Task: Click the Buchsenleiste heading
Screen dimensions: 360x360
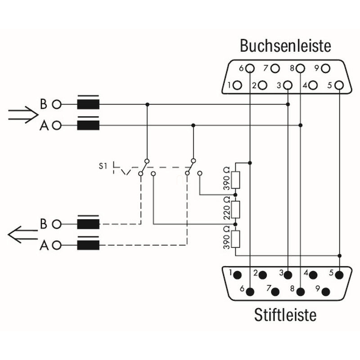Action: [285, 46]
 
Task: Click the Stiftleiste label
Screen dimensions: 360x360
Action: [285, 314]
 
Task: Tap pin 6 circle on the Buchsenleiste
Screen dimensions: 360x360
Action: [250, 68]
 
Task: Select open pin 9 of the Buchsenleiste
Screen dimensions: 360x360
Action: [326, 68]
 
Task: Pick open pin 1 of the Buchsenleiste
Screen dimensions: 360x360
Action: [238, 85]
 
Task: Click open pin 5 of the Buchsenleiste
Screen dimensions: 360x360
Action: [339, 85]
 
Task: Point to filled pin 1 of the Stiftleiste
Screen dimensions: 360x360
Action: [237, 274]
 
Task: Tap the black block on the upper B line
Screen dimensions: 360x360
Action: [88, 104]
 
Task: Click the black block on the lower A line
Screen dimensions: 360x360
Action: [88, 245]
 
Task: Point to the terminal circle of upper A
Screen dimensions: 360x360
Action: [56, 125]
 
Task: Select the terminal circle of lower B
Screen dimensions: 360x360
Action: [56, 224]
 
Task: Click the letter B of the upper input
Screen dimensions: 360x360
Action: [44, 104]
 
